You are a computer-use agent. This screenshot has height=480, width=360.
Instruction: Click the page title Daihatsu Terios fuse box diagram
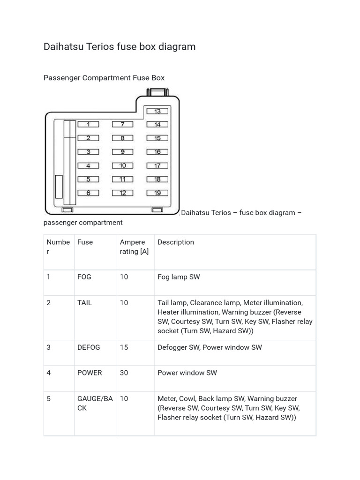(x=120, y=46)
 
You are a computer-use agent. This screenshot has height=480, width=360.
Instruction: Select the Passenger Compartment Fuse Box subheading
(x=104, y=78)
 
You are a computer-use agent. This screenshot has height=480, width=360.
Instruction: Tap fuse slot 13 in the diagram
(x=157, y=111)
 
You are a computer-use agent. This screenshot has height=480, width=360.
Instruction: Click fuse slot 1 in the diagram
(x=88, y=125)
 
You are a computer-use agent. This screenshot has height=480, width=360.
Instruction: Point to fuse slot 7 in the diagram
(x=122, y=125)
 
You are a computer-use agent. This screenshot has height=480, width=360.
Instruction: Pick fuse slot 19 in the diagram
(x=157, y=193)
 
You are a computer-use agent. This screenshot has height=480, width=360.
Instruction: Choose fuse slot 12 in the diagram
(x=122, y=193)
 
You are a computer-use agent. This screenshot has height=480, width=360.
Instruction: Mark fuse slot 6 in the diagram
(x=88, y=193)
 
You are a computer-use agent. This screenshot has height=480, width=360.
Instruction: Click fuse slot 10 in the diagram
(x=122, y=165)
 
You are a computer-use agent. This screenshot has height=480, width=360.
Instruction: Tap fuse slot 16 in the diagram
(x=157, y=152)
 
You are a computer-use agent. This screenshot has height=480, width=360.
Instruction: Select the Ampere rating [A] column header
(x=134, y=247)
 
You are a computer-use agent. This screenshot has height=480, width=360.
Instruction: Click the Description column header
(x=176, y=242)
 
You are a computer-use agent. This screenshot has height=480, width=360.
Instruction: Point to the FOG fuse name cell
(x=84, y=277)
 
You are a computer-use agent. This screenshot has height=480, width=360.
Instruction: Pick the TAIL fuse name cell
(x=85, y=303)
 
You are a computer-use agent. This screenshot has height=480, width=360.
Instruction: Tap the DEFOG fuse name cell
(x=89, y=347)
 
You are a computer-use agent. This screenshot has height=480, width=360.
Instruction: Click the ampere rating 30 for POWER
(x=124, y=373)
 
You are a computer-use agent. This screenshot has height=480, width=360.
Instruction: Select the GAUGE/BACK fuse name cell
(x=95, y=403)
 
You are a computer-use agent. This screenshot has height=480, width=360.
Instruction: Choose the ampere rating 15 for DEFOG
(x=124, y=347)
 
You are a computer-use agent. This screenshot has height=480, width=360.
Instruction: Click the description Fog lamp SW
(x=179, y=277)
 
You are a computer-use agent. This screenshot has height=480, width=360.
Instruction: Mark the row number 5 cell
(x=49, y=399)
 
